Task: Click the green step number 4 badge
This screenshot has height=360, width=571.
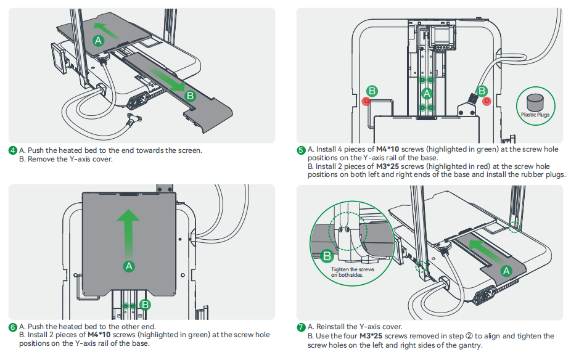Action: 12,150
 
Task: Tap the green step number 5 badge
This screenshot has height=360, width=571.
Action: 301,150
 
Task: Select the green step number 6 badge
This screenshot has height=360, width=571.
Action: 12,327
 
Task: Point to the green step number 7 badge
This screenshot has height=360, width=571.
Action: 301,327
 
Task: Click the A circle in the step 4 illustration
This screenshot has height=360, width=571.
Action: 98,40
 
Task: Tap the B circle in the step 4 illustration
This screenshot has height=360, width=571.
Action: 190,96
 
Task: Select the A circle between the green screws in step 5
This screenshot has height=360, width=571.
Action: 426,94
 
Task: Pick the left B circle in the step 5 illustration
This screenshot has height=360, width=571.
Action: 372,91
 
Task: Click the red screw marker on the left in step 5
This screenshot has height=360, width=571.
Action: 366,100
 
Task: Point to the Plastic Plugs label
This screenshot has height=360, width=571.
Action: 535,115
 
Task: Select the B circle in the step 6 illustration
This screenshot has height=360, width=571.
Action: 145,304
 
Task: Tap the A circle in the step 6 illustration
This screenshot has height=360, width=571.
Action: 128,266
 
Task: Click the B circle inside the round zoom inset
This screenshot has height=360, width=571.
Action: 327,256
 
